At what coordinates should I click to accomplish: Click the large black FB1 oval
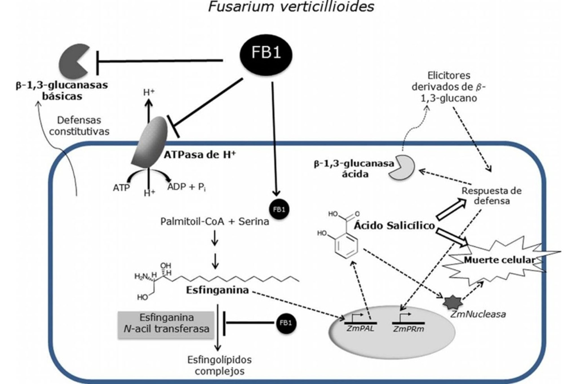[266, 55]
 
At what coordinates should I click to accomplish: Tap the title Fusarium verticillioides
[291, 7]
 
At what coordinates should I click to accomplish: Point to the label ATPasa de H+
[200, 155]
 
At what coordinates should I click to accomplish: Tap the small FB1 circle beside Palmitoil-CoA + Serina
[279, 210]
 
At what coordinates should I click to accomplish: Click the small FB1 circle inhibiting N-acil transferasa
[286, 323]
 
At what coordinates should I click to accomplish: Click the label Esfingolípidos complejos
[219, 365]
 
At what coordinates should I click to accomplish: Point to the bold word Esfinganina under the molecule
[217, 290]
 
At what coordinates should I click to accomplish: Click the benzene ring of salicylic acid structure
[346, 244]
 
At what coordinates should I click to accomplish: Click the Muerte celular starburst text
[499, 260]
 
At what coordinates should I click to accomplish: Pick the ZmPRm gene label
[408, 329]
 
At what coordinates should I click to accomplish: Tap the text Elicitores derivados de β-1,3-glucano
[449, 87]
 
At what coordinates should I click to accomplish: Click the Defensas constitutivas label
[79, 126]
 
